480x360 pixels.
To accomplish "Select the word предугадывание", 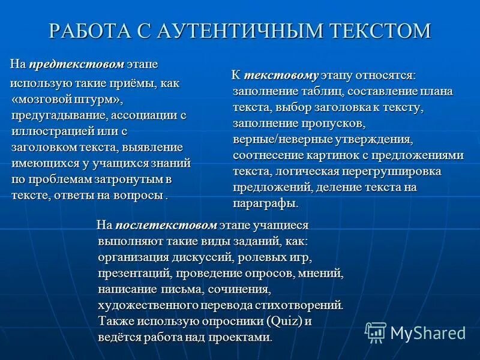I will [57, 115].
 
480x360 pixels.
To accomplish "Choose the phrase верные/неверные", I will [276, 140].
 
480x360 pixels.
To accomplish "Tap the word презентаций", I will [134, 274].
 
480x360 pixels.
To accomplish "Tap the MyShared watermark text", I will [428, 333].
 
